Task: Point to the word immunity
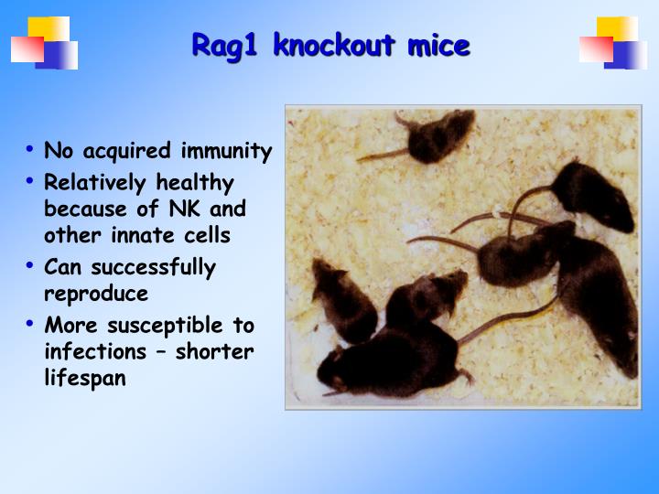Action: [226, 151]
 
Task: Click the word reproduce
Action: [96, 295]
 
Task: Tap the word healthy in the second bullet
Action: [195, 182]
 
